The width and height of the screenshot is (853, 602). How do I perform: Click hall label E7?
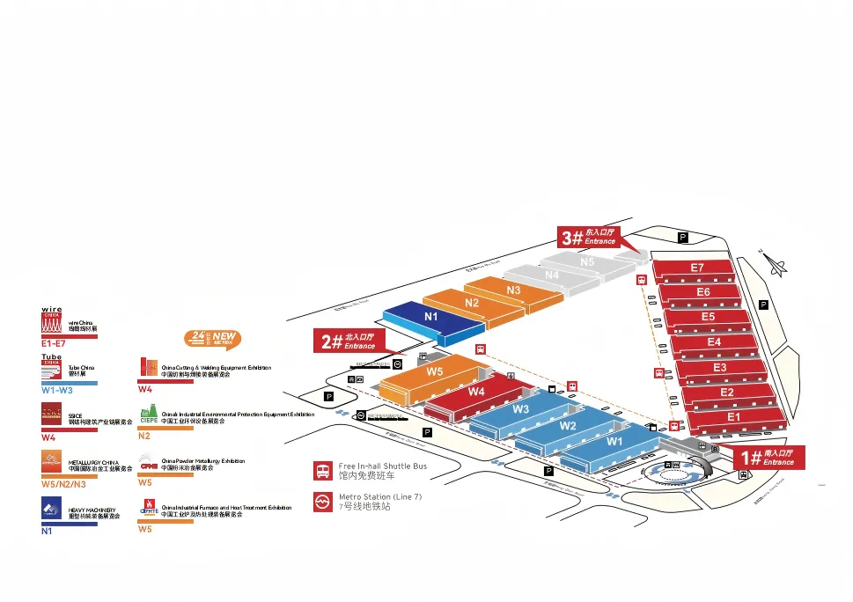(697, 267)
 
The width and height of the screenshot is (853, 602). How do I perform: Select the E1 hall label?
(733, 416)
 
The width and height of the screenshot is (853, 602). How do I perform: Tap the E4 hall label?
(714, 341)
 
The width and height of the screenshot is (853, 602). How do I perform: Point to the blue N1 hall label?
(430, 316)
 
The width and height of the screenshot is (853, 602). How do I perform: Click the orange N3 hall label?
(513, 290)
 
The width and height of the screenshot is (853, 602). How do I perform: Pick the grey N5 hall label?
(587, 261)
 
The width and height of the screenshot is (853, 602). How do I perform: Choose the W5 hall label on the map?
(435, 371)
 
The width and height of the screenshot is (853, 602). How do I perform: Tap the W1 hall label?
(614, 441)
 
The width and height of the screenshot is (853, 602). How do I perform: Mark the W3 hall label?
(520, 408)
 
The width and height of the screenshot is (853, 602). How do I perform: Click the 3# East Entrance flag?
(590, 237)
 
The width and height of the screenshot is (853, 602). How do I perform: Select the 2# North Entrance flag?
(348, 341)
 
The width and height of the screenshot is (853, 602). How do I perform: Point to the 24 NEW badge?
(211, 339)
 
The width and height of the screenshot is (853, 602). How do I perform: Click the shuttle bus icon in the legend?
(323, 470)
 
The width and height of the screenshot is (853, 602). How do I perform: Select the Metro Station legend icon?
(323, 502)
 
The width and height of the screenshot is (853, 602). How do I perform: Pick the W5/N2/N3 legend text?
(63, 484)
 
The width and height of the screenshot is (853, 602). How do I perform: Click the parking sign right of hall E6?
(763, 305)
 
